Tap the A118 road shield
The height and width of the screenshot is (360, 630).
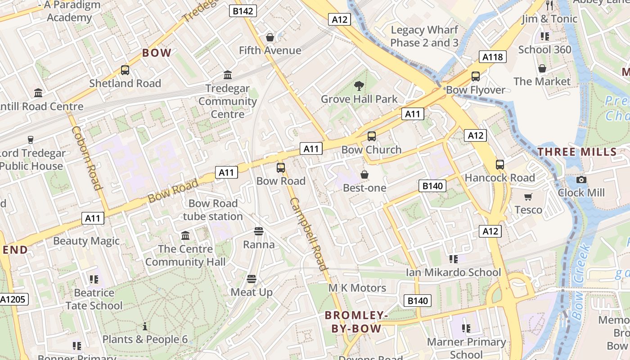tap(492, 57)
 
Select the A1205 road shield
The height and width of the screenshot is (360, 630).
tap(13, 299)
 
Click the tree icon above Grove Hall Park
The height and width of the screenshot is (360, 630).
tap(359, 85)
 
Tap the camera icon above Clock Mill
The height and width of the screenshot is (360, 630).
tap(581, 180)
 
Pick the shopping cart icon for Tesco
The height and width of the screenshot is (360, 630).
tap(528, 197)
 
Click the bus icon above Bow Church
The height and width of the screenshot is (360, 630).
tap(371, 136)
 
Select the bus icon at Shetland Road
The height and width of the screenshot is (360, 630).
tap(125, 70)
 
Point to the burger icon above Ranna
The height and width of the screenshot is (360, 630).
tap(259, 231)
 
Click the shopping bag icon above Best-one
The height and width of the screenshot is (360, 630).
tap(364, 174)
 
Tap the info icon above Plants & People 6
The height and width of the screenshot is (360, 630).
tap(145, 326)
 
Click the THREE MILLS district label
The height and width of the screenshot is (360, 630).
tap(577, 152)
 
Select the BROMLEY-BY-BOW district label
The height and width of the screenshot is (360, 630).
tap(356, 322)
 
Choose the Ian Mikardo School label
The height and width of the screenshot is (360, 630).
tap(453, 272)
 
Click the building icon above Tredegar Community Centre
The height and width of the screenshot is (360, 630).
tap(228, 75)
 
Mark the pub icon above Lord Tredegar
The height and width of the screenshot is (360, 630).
tap(31, 140)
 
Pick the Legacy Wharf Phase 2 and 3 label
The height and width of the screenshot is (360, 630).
tap(424, 36)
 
